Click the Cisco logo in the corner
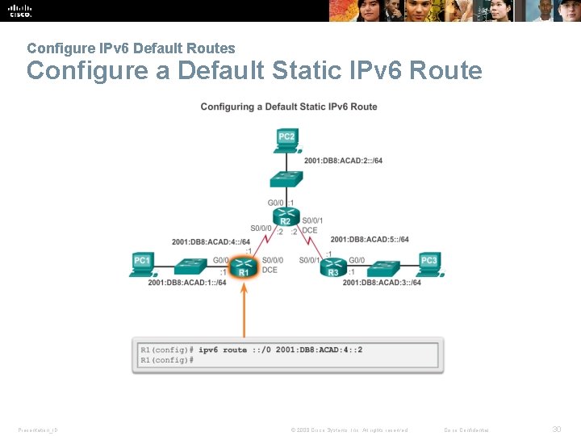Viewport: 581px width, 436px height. pos(20,10)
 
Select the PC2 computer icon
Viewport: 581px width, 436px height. pos(286,140)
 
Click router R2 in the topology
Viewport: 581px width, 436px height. pos(285,216)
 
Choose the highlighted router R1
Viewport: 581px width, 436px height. pos(244,267)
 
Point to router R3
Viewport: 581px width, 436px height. pos(334,267)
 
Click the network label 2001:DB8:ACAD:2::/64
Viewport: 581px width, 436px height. pos(343,161)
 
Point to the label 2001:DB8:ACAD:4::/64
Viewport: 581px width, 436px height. pos(211,241)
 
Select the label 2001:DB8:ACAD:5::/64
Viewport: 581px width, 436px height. pos(370,239)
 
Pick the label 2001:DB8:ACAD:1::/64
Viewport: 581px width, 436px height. pos(186,282)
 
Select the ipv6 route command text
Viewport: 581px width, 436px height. pos(281,350)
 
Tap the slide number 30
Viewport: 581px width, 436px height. pos(556,430)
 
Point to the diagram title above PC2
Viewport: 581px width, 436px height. pos(289,107)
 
